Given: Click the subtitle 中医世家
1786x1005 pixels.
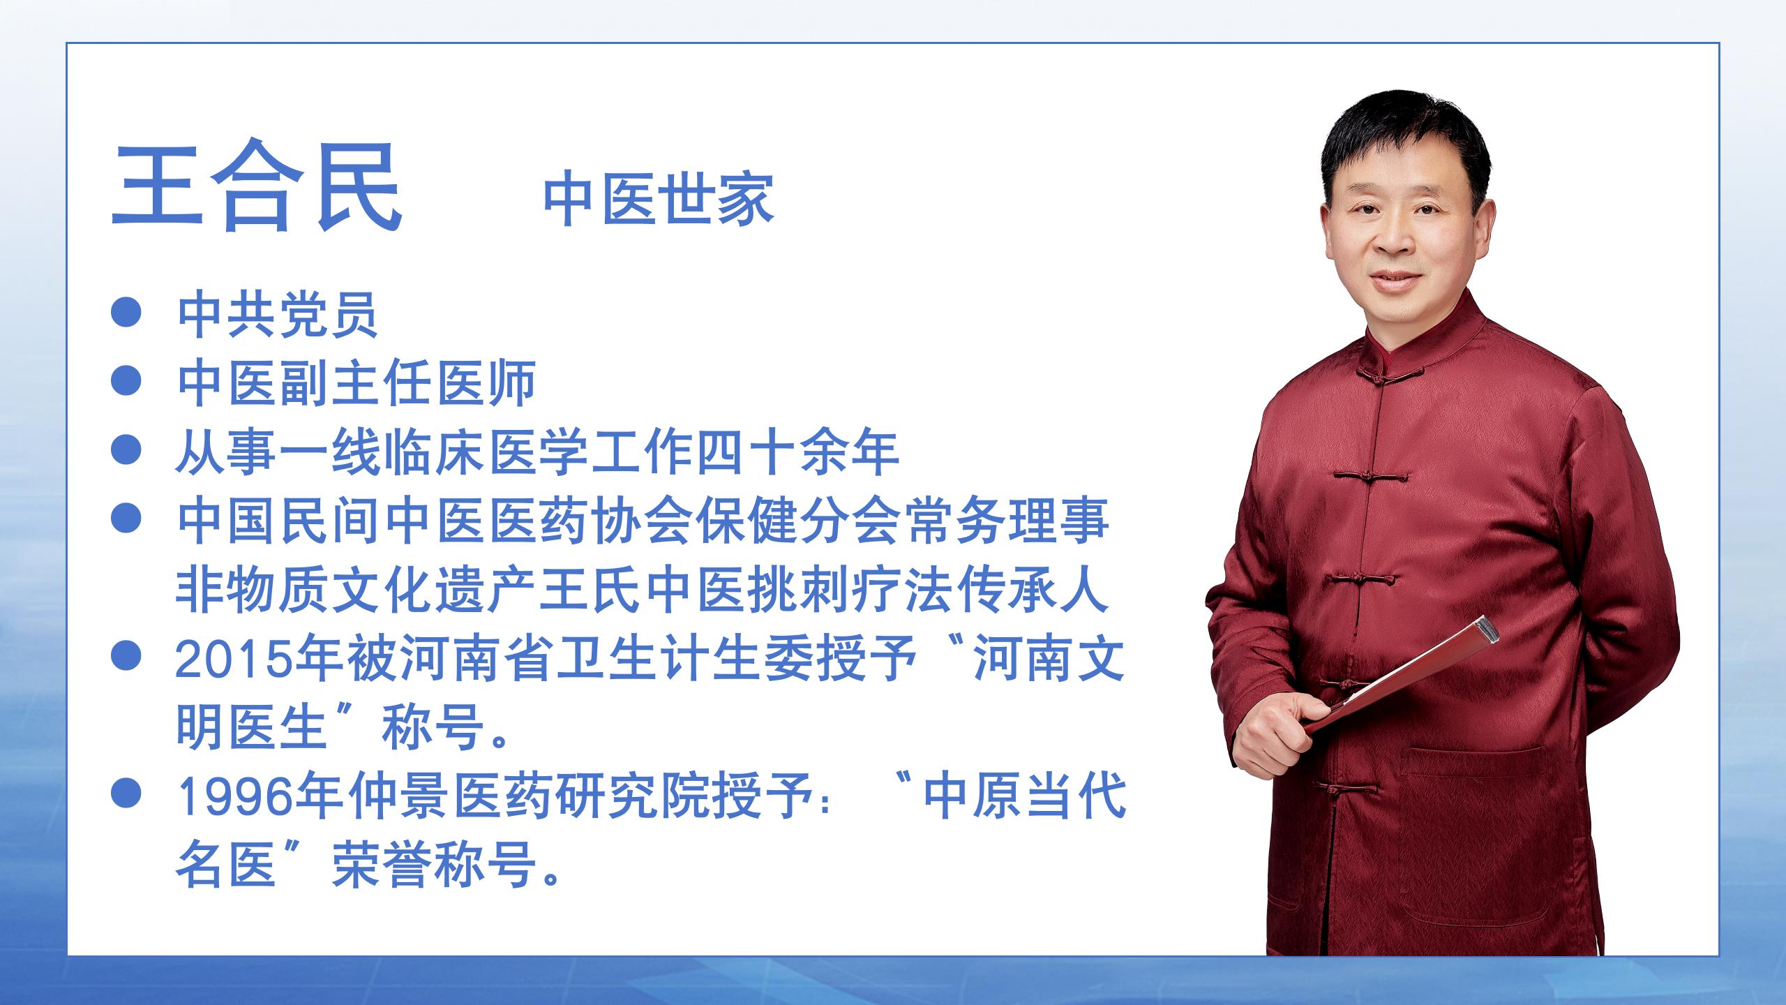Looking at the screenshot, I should click(x=659, y=200).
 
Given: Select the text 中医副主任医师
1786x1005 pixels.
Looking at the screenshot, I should click(x=357, y=383).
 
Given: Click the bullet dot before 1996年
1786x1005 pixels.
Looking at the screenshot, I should click(x=126, y=795).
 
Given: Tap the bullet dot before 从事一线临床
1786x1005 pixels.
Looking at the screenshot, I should click(x=126, y=449).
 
